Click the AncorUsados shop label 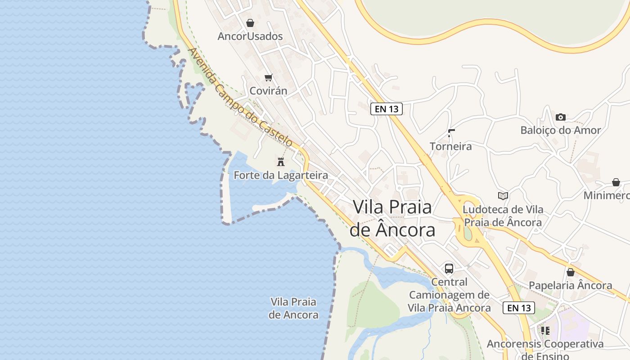pos(250,36)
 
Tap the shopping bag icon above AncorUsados pos(250,22)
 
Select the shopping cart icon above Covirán pos(269,77)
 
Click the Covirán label pos(268,91)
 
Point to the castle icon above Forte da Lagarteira pos(281,162)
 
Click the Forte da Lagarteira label pos(281,175)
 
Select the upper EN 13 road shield pos(386,108)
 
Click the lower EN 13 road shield pos(519,308)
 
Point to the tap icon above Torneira pos(451,133)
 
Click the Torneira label pos(450,146)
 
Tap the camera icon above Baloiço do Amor pos(560,117)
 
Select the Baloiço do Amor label pos(560,130)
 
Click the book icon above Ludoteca pos(503,196)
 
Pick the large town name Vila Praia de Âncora pos(392,218)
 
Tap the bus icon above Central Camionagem pos(449,269)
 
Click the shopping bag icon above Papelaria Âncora pos(571,272)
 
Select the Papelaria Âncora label pos(570,285)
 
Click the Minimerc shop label pos(607,196)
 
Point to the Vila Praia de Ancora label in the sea pos(293,308)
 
